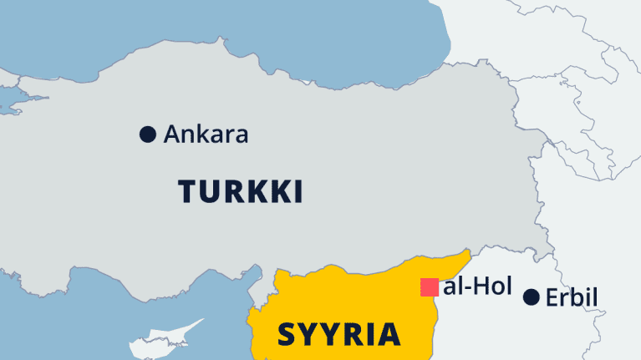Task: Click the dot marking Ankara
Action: (x=148, y=134)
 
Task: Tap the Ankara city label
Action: (x=206, y=134)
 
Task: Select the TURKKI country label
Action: (x=240, y=192)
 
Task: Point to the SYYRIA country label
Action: (x=338, y=333)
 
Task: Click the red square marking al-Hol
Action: (x=430, y=287)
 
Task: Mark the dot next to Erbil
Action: (x=530, y=297)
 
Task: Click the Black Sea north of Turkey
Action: (x=251, y=33)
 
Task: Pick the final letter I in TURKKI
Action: (x=297, y=192)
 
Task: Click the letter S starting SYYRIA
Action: (x=287, y=334)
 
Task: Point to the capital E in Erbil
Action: (x=551, y=297)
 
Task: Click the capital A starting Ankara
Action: (x=174, y=134)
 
